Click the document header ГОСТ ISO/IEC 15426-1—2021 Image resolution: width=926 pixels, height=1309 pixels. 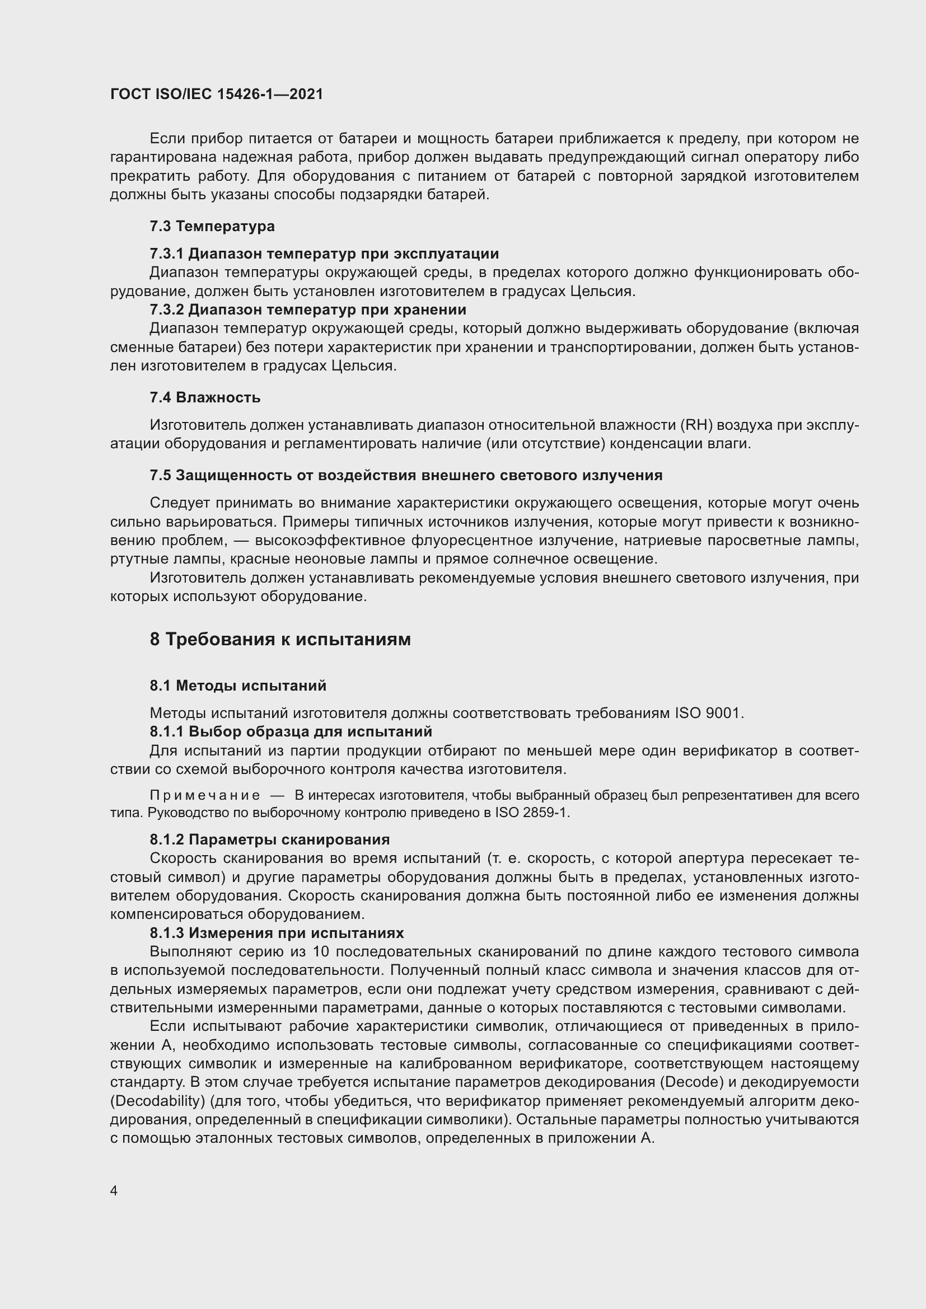click(216, 94)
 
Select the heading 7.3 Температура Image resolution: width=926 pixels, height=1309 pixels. click(212, 226)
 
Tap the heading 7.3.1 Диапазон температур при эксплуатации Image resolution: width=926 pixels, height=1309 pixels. click(324, 254)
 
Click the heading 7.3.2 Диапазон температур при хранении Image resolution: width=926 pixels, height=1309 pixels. click(308, 309)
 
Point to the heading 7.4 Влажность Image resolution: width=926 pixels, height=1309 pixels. click(205, 397)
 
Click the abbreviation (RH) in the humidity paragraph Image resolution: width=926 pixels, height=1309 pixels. click(698, 425)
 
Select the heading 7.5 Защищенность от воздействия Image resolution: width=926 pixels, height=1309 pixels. click(405, 476)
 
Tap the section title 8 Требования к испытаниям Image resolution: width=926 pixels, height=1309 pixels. click(280, 640)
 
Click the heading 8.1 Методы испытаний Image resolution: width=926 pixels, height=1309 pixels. click(238, 686)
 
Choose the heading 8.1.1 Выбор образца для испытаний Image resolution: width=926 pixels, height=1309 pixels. click(291, 731)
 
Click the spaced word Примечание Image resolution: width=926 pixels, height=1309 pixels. click(205, 795)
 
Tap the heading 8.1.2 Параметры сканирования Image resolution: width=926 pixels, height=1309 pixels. click(270, 840)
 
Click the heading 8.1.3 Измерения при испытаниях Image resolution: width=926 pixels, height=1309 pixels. click(277, 933)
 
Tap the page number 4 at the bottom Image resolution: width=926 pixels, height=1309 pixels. click(114, 1191)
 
